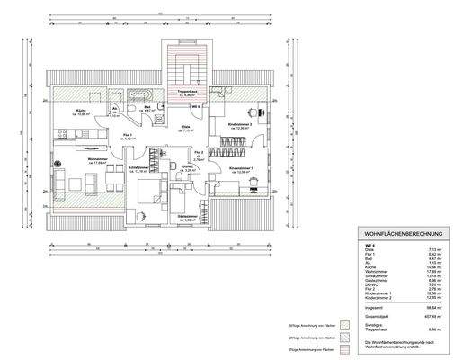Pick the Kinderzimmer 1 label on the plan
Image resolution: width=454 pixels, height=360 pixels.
(x=242, y=168)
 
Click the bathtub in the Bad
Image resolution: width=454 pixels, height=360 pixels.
(x=142, y=94)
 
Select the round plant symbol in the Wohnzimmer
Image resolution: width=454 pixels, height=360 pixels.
(x=57, y=164)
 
